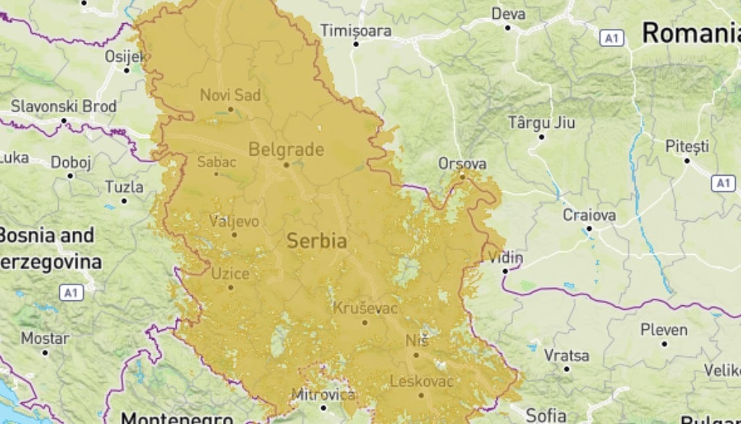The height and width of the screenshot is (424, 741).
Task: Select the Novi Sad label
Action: pyautogui.click(x=230, y=95)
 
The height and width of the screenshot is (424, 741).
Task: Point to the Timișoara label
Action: pyautogui.click(x=356, y=31)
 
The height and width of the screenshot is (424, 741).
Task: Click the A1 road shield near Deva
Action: pyautogui.click(x=611, y=38)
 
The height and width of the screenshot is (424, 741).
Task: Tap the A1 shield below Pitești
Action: pyautogui.click(x=722, y=183)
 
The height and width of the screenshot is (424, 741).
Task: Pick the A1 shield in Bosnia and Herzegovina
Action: pyautogui.click(x=70, y=293)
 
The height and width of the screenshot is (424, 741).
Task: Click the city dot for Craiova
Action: pyautogui.click(x=589, y=229)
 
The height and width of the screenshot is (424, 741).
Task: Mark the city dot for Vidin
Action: pyautogui.click(x=505, y=271)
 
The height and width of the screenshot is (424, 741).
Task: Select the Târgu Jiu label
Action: pyautogui.click(x=541, y=122)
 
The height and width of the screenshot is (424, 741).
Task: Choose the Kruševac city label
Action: pyautogui.click(x=365, y=308)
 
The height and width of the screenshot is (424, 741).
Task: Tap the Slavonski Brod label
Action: pyautogui.click(x=63, y=106)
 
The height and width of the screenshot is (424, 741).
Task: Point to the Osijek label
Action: pyautogui.click(x=125, y=56)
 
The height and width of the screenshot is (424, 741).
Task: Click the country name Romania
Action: pyautogui.click(x=691, y=33)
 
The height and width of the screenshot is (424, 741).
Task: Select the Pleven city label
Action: pyautogui.click(x=664, y=330)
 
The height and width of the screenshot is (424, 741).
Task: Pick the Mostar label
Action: pyautogui.click(x=45, y=338)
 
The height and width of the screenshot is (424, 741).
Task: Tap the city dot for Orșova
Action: pyautogui.click(x=462, y=175)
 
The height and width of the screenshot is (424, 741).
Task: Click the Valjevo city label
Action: pyautogui.click(x=234, y=221)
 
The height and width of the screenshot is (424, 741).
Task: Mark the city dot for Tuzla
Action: pyautogui.click(x=124, y=200)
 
